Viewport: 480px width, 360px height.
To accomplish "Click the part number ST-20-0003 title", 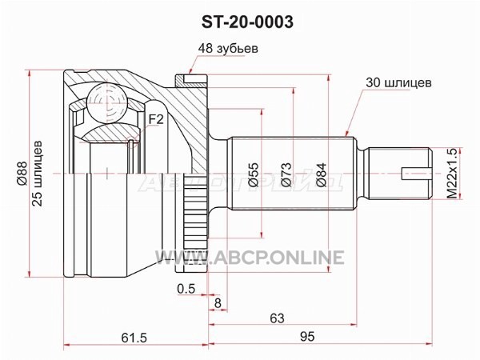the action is pos(247,22).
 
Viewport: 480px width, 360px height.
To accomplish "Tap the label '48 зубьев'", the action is pos(228,48).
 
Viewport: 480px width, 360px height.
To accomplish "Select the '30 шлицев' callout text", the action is pos(398,82).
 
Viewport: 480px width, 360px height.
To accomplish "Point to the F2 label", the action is pos(156,119).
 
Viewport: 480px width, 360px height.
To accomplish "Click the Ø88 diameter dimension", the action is pos(22,174).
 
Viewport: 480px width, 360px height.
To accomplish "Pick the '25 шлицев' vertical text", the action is pos(37,174).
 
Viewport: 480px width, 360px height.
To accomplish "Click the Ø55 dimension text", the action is pos(254,174).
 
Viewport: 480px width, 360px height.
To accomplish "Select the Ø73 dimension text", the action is pos(286,174).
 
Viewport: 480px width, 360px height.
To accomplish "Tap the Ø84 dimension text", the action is pos(321,174).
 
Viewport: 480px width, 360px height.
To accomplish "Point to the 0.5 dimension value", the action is pos(186,288).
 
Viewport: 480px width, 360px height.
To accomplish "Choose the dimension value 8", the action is pos(218,303).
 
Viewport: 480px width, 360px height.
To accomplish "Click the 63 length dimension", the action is pos(277,318).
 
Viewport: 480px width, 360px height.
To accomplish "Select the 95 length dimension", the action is pos(307,337).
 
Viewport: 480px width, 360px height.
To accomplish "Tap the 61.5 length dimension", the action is pos(134,338).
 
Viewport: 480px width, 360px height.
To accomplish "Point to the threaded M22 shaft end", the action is pos(399,174).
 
